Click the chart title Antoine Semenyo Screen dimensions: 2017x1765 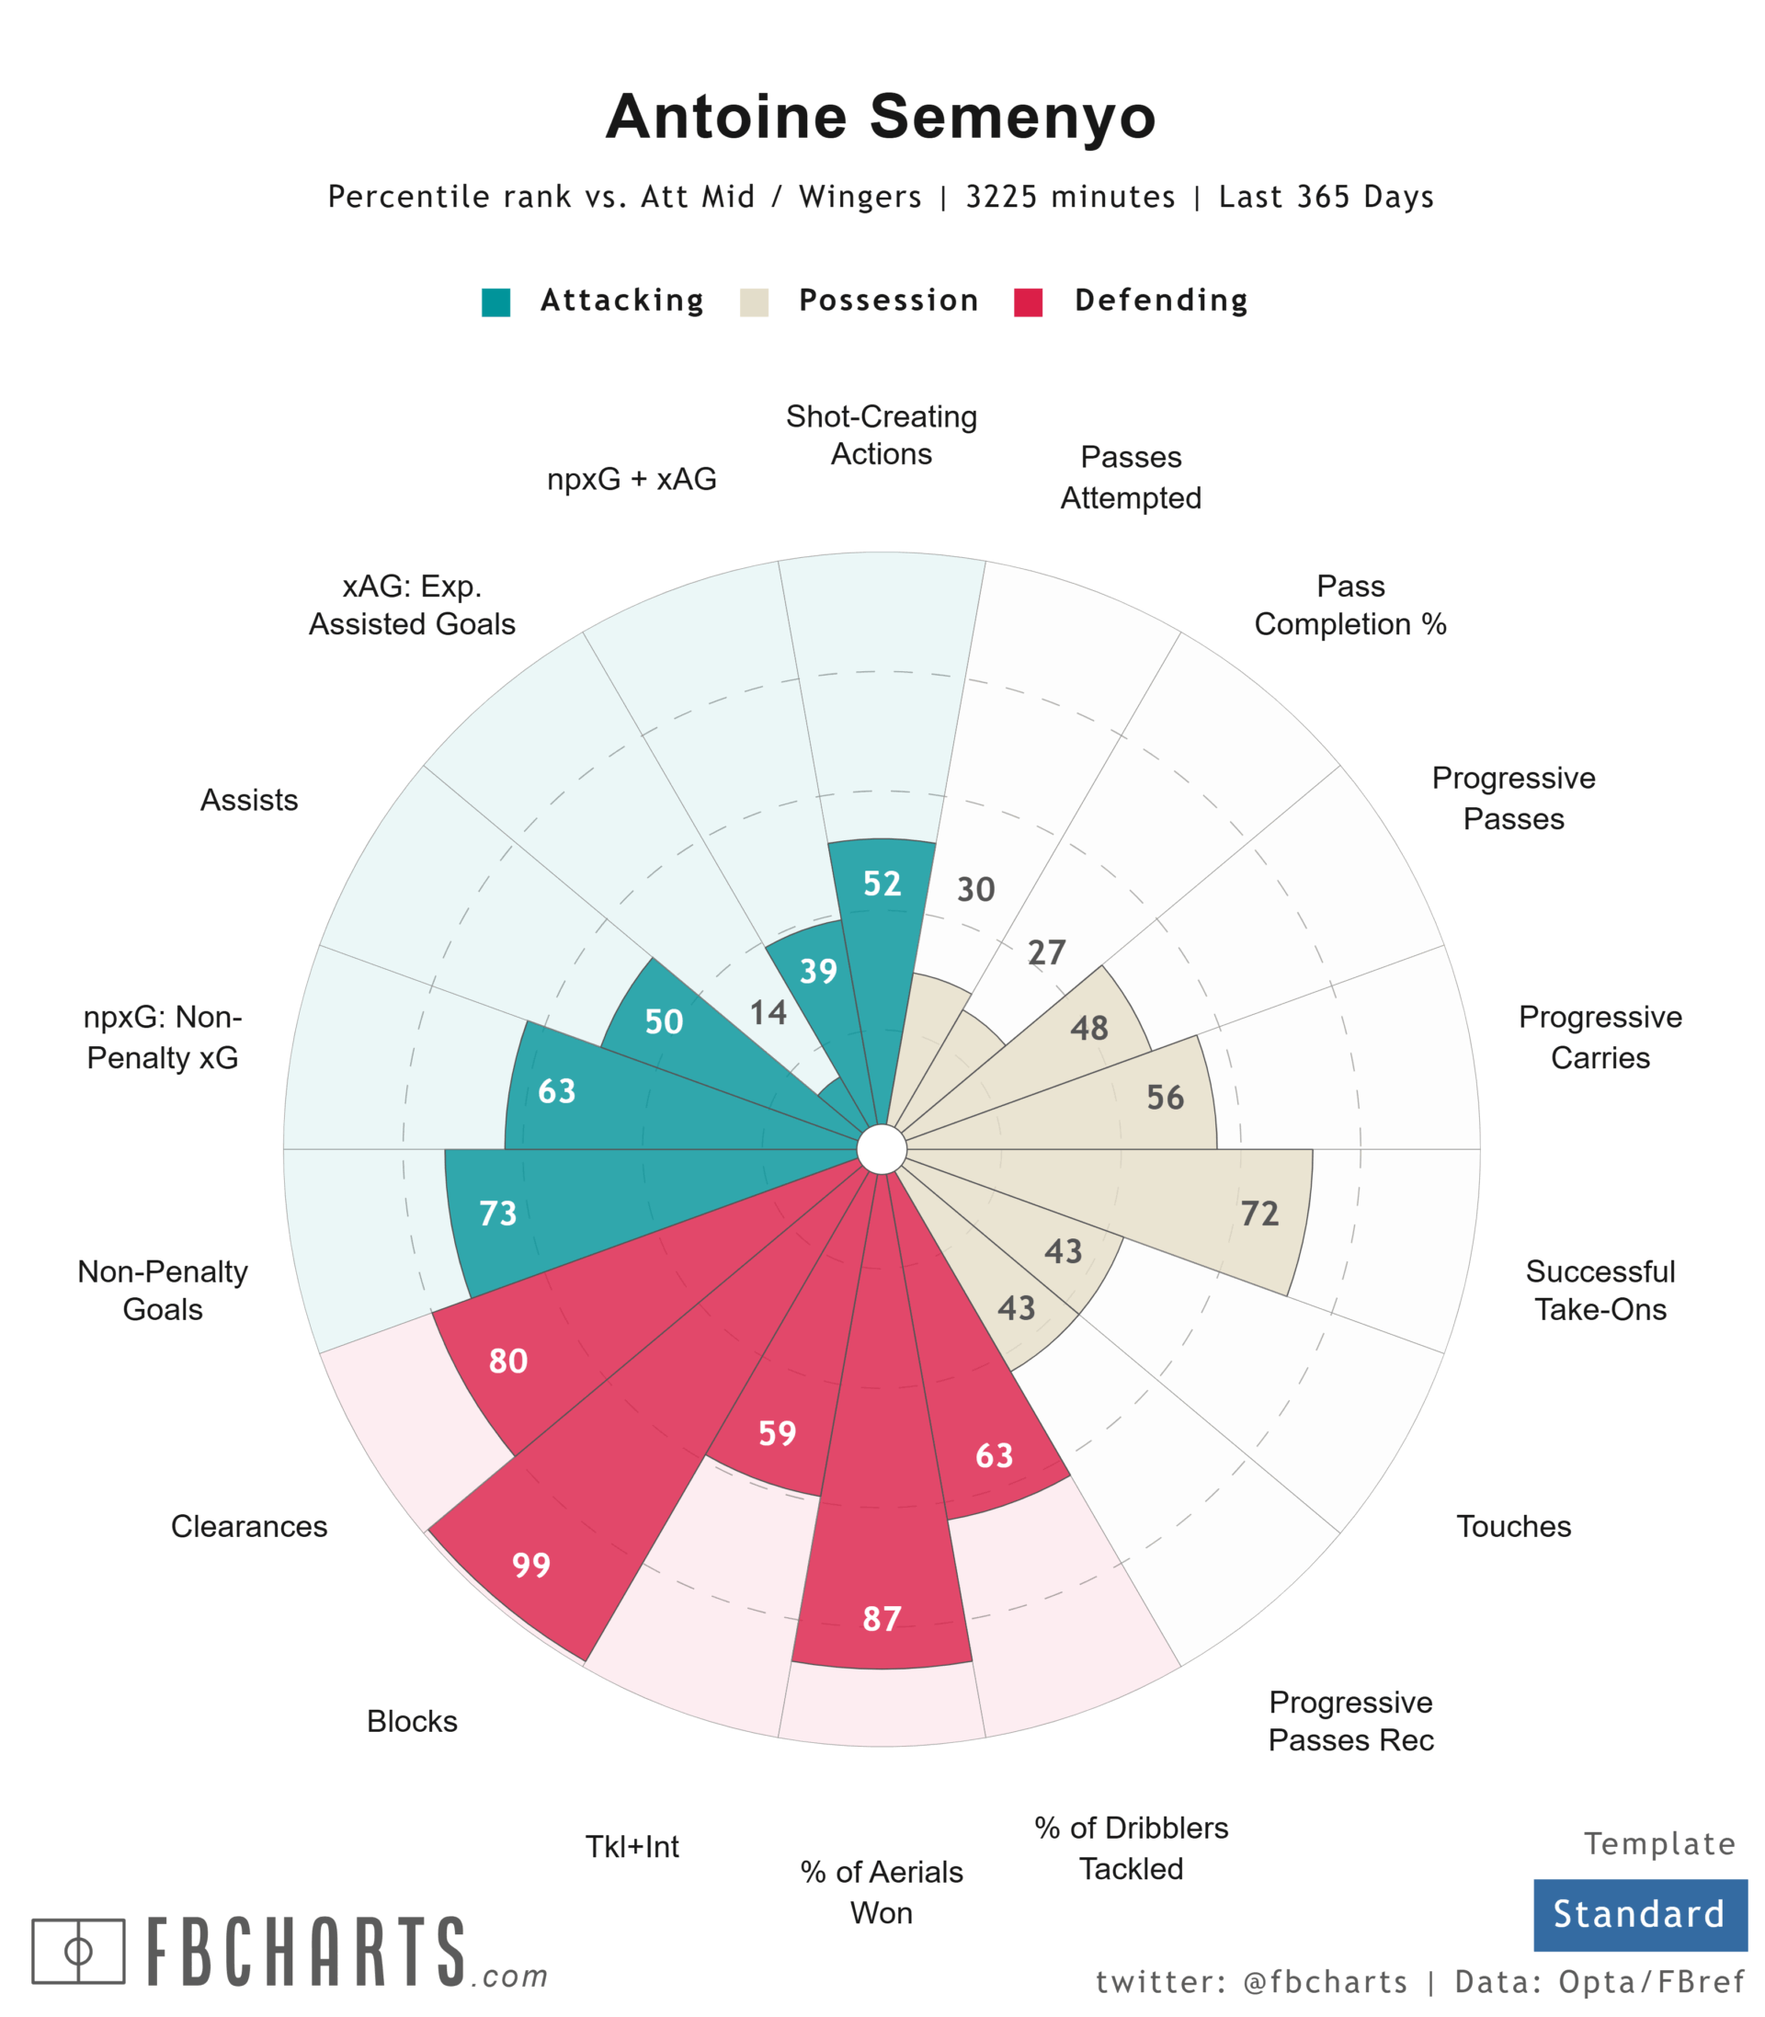pos(881,116)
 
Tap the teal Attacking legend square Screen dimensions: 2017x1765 pos(495,302)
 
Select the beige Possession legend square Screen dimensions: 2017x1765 pos(754,302)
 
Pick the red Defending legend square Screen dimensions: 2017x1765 pos(1029,302)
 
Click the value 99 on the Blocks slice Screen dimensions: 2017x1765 pos(531,1564)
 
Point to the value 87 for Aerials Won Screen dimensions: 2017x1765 pos(882,1618)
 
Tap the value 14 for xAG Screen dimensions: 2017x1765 pos(769,1012)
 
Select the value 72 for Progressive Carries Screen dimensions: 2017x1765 pos(1259,1214)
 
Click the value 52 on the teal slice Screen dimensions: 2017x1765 pos(882,883)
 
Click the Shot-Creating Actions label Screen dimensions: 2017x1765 pos(882,436)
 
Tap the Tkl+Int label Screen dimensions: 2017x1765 pos(632,1847)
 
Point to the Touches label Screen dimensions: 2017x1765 pos(1513,1525)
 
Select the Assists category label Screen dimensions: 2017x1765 pos(249,800)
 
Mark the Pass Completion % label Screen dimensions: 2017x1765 pos(1350,605)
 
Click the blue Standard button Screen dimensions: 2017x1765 pos(1639,1914)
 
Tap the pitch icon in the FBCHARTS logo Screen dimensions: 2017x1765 pos(78,1951)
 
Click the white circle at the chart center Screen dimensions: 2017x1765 pos(882,1150)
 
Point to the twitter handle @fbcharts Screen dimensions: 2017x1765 pos(1326,1981)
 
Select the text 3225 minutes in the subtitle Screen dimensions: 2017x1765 pos(1070,197)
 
